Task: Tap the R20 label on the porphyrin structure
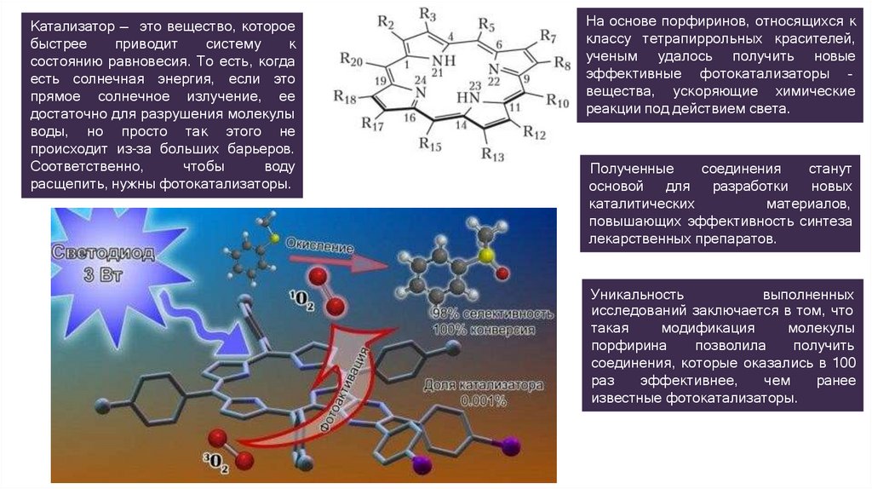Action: (351, 58)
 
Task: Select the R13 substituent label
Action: (493, 154)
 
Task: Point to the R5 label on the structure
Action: (487, 22)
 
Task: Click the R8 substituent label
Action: (562, 63)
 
